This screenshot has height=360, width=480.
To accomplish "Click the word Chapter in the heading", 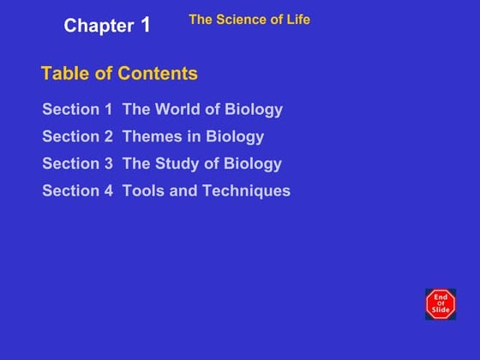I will coord(99,26).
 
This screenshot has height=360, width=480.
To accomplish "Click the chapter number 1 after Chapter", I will coord(146,24).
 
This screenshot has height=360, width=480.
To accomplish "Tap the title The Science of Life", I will coord(249,19).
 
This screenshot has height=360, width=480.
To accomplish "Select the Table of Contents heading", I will coord(119,74).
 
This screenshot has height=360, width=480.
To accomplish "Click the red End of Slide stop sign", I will coord(441,303).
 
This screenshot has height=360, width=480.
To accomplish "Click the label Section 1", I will coord(77,110).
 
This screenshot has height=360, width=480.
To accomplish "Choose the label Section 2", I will coord(77,137).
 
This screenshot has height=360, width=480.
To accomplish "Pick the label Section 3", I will coord(77,164).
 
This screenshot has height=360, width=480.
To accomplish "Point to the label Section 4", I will coord(77,191).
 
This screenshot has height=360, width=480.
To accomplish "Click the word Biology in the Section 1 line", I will coord(254,110).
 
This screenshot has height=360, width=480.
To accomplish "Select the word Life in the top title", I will coord(297,19).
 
